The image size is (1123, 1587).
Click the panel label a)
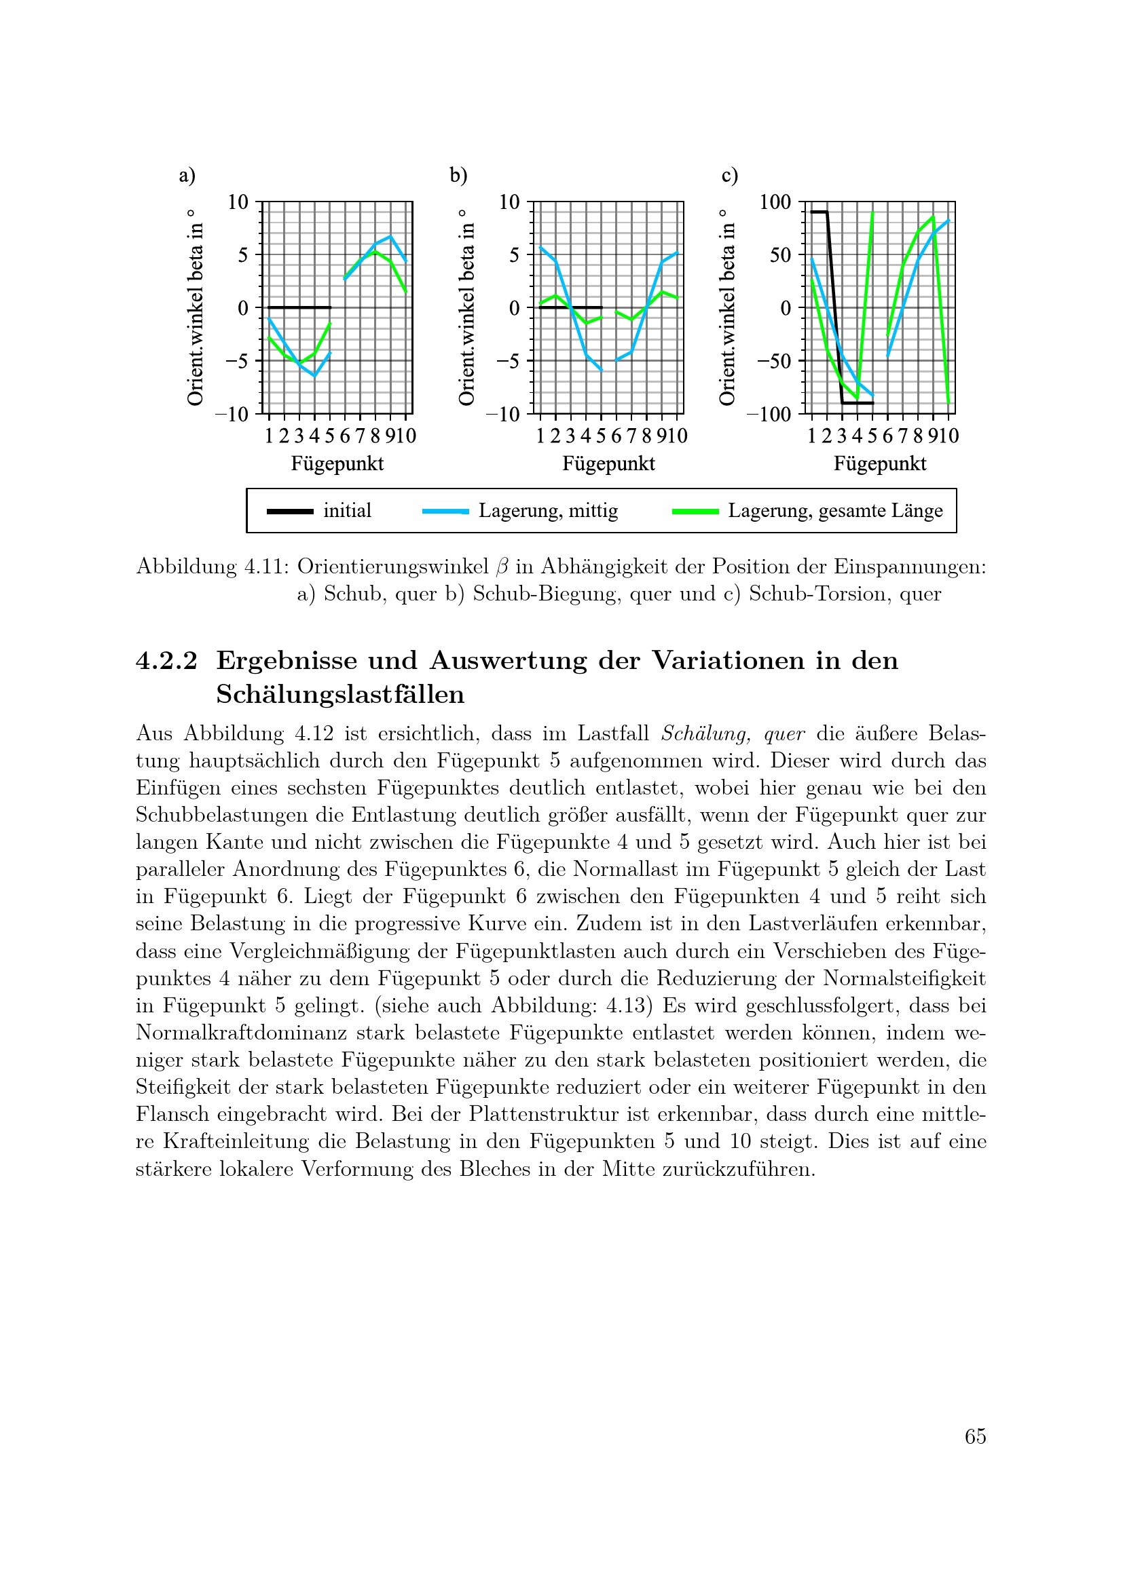tap(187, 176)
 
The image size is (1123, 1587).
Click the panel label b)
tap(458, 176)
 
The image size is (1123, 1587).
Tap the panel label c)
tap(729, 176)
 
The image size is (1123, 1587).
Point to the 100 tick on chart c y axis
tap(775, 202)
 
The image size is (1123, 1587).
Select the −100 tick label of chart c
tap(769, 415)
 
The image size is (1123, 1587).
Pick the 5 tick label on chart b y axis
tap(514, 256)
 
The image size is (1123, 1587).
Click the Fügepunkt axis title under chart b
tap(608, 464)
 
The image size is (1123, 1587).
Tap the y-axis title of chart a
tap(196, 307)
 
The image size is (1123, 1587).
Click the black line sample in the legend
tap(290, 512)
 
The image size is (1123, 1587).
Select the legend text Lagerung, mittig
tap(548, 511)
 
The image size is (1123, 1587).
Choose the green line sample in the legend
tap(695, 512)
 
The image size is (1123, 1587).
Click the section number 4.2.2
tap(166, 661)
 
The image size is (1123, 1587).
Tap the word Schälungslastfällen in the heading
tap(339, 694)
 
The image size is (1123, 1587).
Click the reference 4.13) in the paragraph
tap(627, 1006)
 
